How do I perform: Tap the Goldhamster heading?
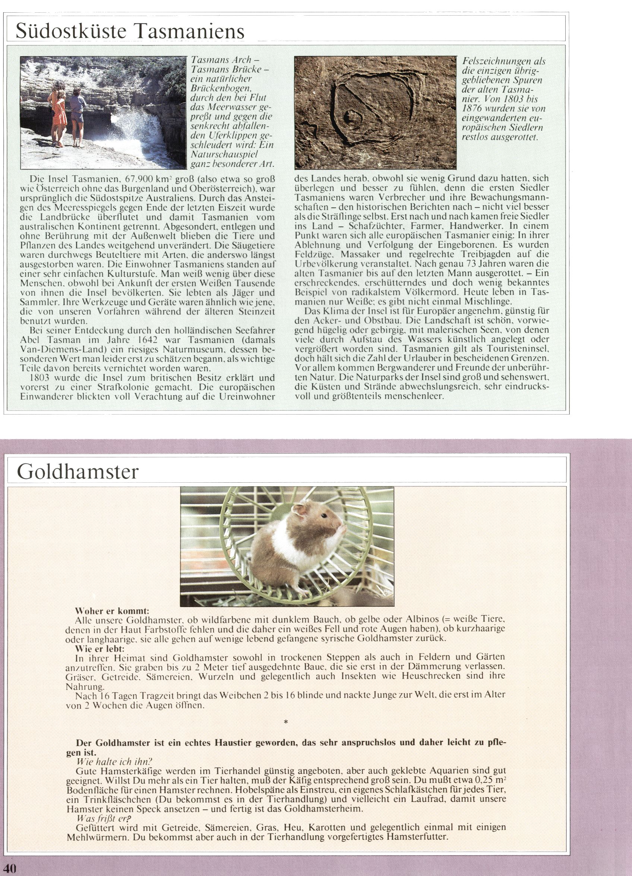click(x=77, y=472)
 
